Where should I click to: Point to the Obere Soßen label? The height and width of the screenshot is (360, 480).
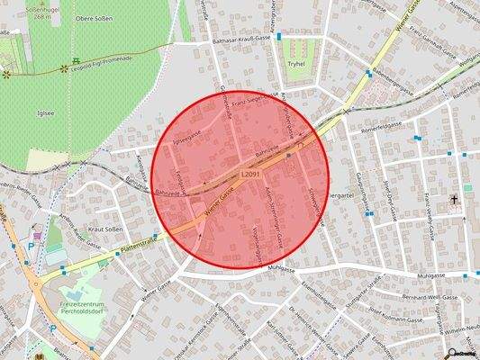tap(94, 19)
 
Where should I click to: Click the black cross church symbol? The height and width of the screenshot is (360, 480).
tap(454, 199)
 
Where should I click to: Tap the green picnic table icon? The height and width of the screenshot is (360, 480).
tap(64, 67)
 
